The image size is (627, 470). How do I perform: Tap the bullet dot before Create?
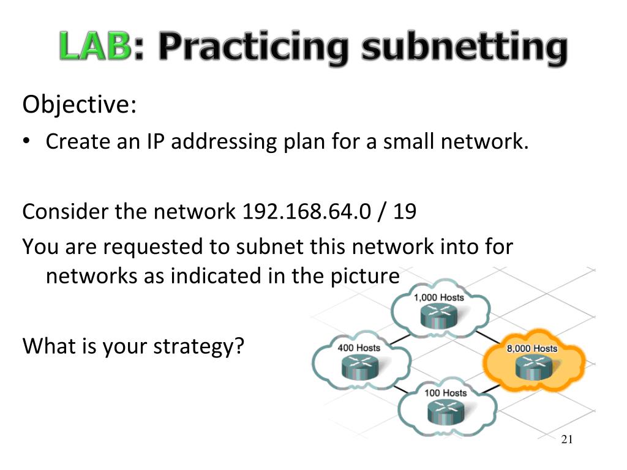(27, 142)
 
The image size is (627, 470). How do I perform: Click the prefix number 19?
(405, 211)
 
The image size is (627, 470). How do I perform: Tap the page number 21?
(566, 440)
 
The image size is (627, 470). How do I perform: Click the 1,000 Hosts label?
(439, 297)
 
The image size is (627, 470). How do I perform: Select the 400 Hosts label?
(359, 348)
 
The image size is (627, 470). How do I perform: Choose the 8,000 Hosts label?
(531, 348)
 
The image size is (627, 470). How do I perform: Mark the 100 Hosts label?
(445, 392)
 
